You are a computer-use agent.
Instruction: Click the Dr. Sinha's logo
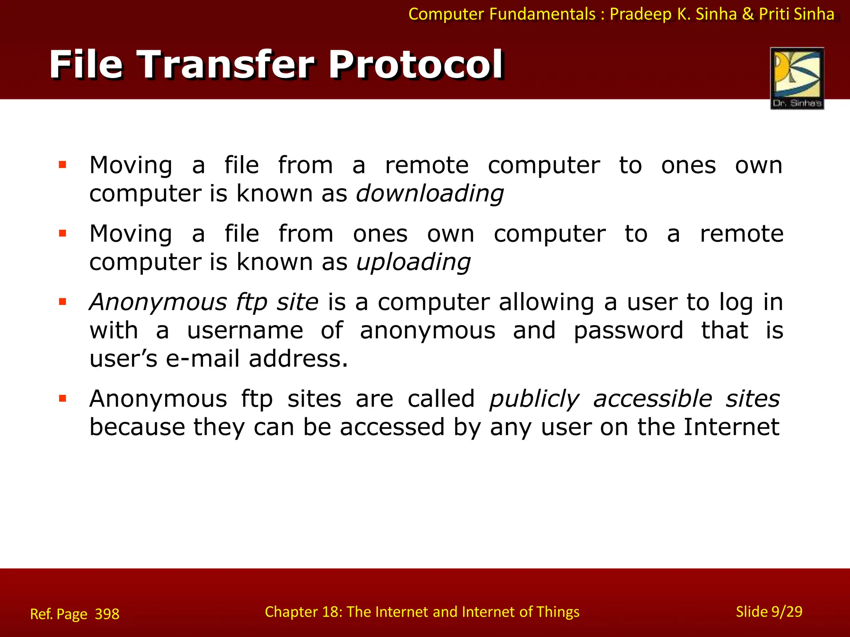(x=797, y=78)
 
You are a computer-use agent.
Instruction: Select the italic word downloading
(x=430, y=194)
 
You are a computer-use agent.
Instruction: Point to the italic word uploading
(x=413, y=263)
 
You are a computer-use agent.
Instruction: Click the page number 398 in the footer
(x=107, y=614)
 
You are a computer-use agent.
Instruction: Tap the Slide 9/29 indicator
(x=769, y=612)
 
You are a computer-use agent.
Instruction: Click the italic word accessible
(x=652, y=399)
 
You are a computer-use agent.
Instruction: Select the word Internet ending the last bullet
(x=731, y=427)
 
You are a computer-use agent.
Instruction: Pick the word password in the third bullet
(x=628, y=331)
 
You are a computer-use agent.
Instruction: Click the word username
(x=245, y=331)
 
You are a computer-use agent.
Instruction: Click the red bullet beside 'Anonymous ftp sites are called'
(x=63, y=399)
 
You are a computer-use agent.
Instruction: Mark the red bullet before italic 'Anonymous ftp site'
(x=63, y=302)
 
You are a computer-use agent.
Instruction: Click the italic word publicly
(x=534, y=399)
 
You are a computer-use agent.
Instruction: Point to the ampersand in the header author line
(x=748, y=15)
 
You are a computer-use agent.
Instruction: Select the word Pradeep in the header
(x=640, y=15)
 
